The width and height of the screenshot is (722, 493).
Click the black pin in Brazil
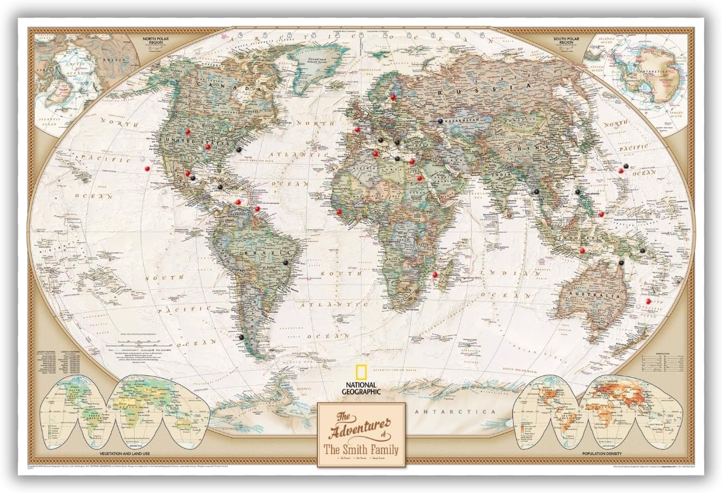pyautogui.click(x=285, y=261)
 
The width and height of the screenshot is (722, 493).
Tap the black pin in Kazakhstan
pyautogui.click(x=441, y=121)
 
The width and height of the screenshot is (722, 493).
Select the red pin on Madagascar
pyautogui.click(x=435, y=275)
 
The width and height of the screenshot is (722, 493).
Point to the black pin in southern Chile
pyautogui.click(x=240, y=337)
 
